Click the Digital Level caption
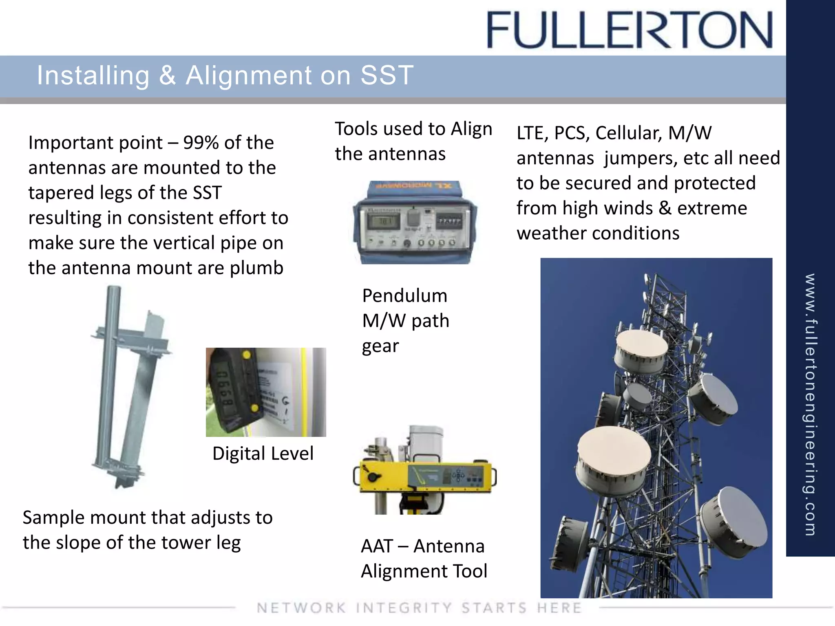click(x=263, y=454)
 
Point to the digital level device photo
click(x=265, y=392)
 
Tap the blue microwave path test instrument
click(x=415, y=223)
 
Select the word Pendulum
click(x=404, y=296)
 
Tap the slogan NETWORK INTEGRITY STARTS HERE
click(x=419, y=608)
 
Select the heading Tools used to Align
click(x=413, y=129)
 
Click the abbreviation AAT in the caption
click(x=377, y=547)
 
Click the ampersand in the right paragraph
click(x=665, y=208)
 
